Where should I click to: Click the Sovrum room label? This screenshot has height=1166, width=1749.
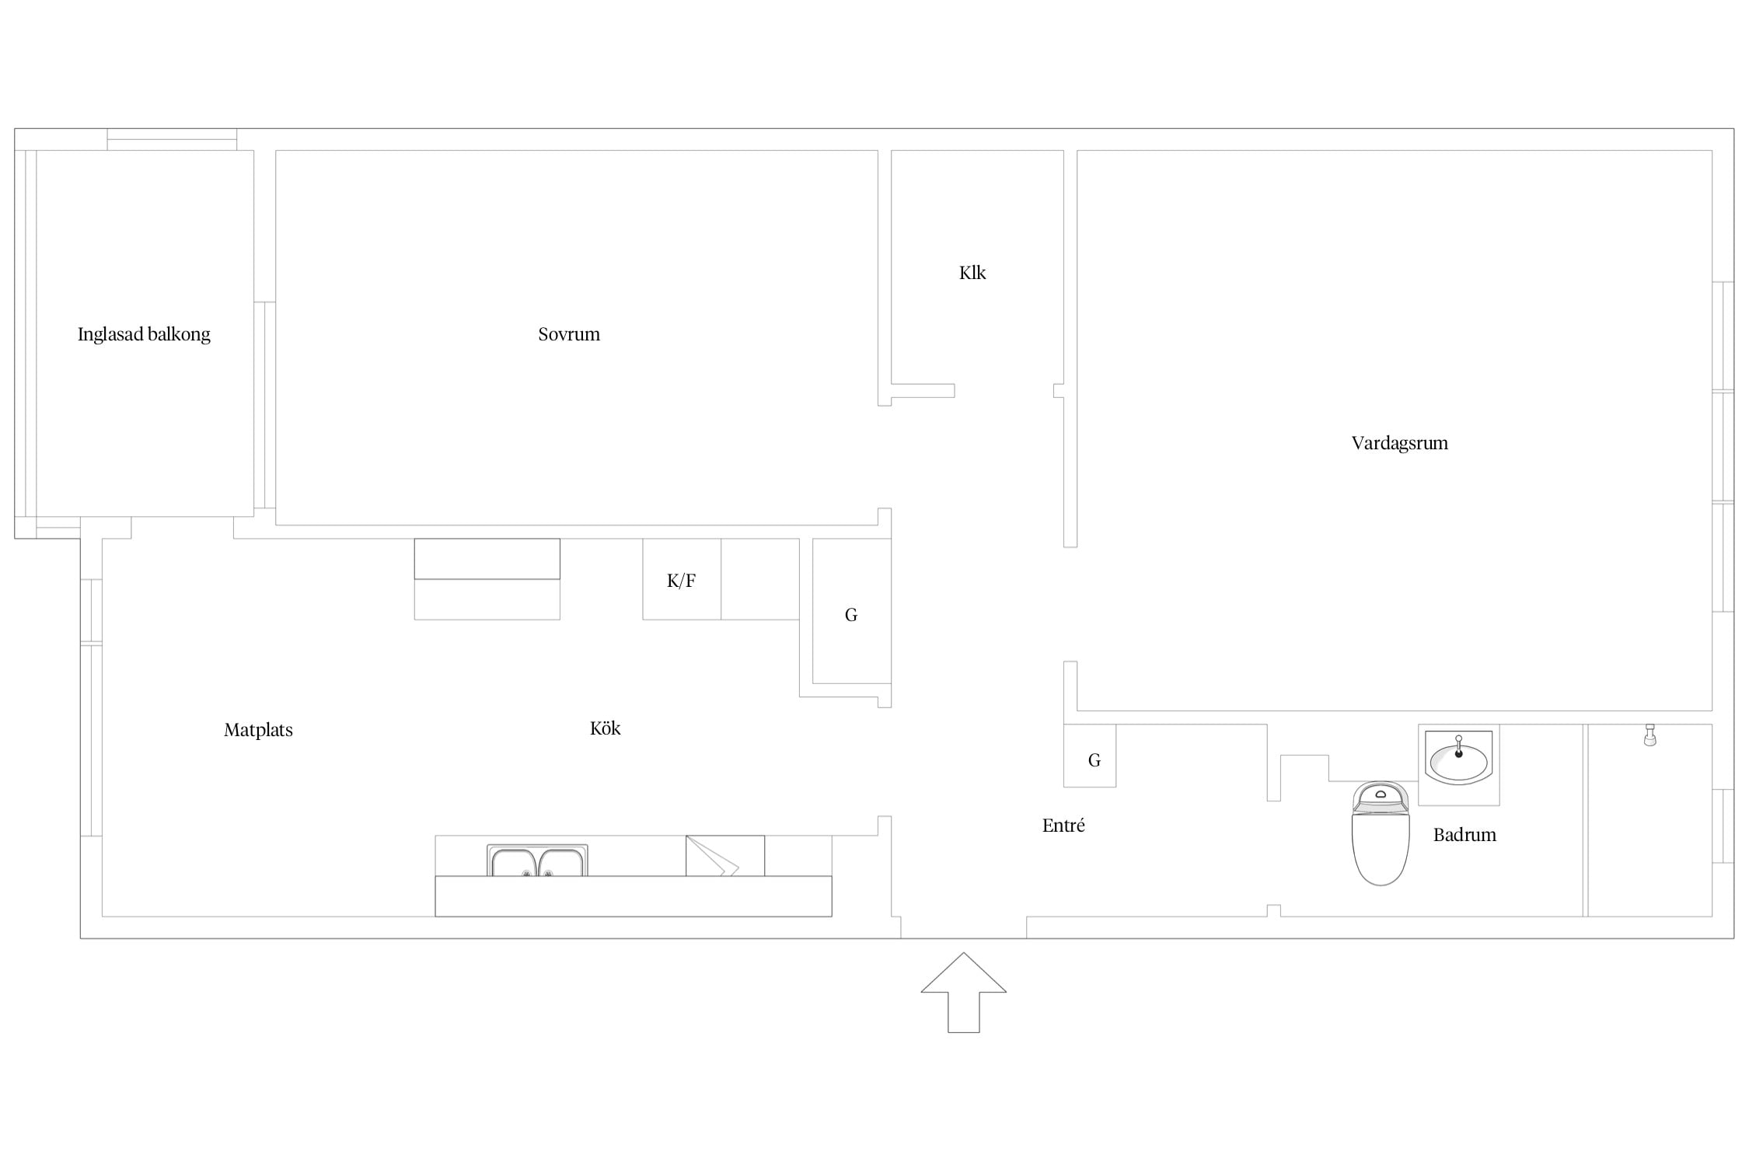pyautogui.click(x=569, y=334)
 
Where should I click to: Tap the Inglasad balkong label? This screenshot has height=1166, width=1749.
pyautogui.click(x=144, y=334)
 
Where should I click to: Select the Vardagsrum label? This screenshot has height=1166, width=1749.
pyautogui.click(x=1399, y=443)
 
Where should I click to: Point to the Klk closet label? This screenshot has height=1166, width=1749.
pyautogui.click(x=972, y=273)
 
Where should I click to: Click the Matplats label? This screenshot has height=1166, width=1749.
pyautogui.click(x=258, y=730)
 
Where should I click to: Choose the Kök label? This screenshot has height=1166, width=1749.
pyautogui.click(x=605, y=728)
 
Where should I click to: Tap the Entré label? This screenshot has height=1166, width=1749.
pyautogui.click(x=1063, y=826)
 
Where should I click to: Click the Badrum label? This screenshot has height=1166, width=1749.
pyautogui.click(x=1464, y=835)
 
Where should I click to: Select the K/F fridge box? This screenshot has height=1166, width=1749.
pyautogui.click(x=682, y=579)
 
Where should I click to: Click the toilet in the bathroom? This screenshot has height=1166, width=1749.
pyautogui.click(x=1381, y=833)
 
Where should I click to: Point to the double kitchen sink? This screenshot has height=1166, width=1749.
pyautogui.click(x=537, y=861)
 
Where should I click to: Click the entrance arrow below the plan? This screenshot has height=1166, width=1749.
pyautogui.click(x=964, y=992)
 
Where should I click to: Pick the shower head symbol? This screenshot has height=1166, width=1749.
pyautogui.click(x=1650, y=735)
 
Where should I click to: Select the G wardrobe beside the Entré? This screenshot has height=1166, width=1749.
pyautogui.click(x=1090, y=756)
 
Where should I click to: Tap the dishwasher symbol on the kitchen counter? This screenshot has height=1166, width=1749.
pyautogui.click(x=725, y=856)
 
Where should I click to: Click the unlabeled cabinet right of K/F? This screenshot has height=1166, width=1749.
pyautogui.click(x=760, y=579)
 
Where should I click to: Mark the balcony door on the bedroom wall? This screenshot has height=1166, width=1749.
pyautogui.click(x=264, y=405)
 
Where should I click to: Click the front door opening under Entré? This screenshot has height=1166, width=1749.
pyautogui.click(x=964, y=927)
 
